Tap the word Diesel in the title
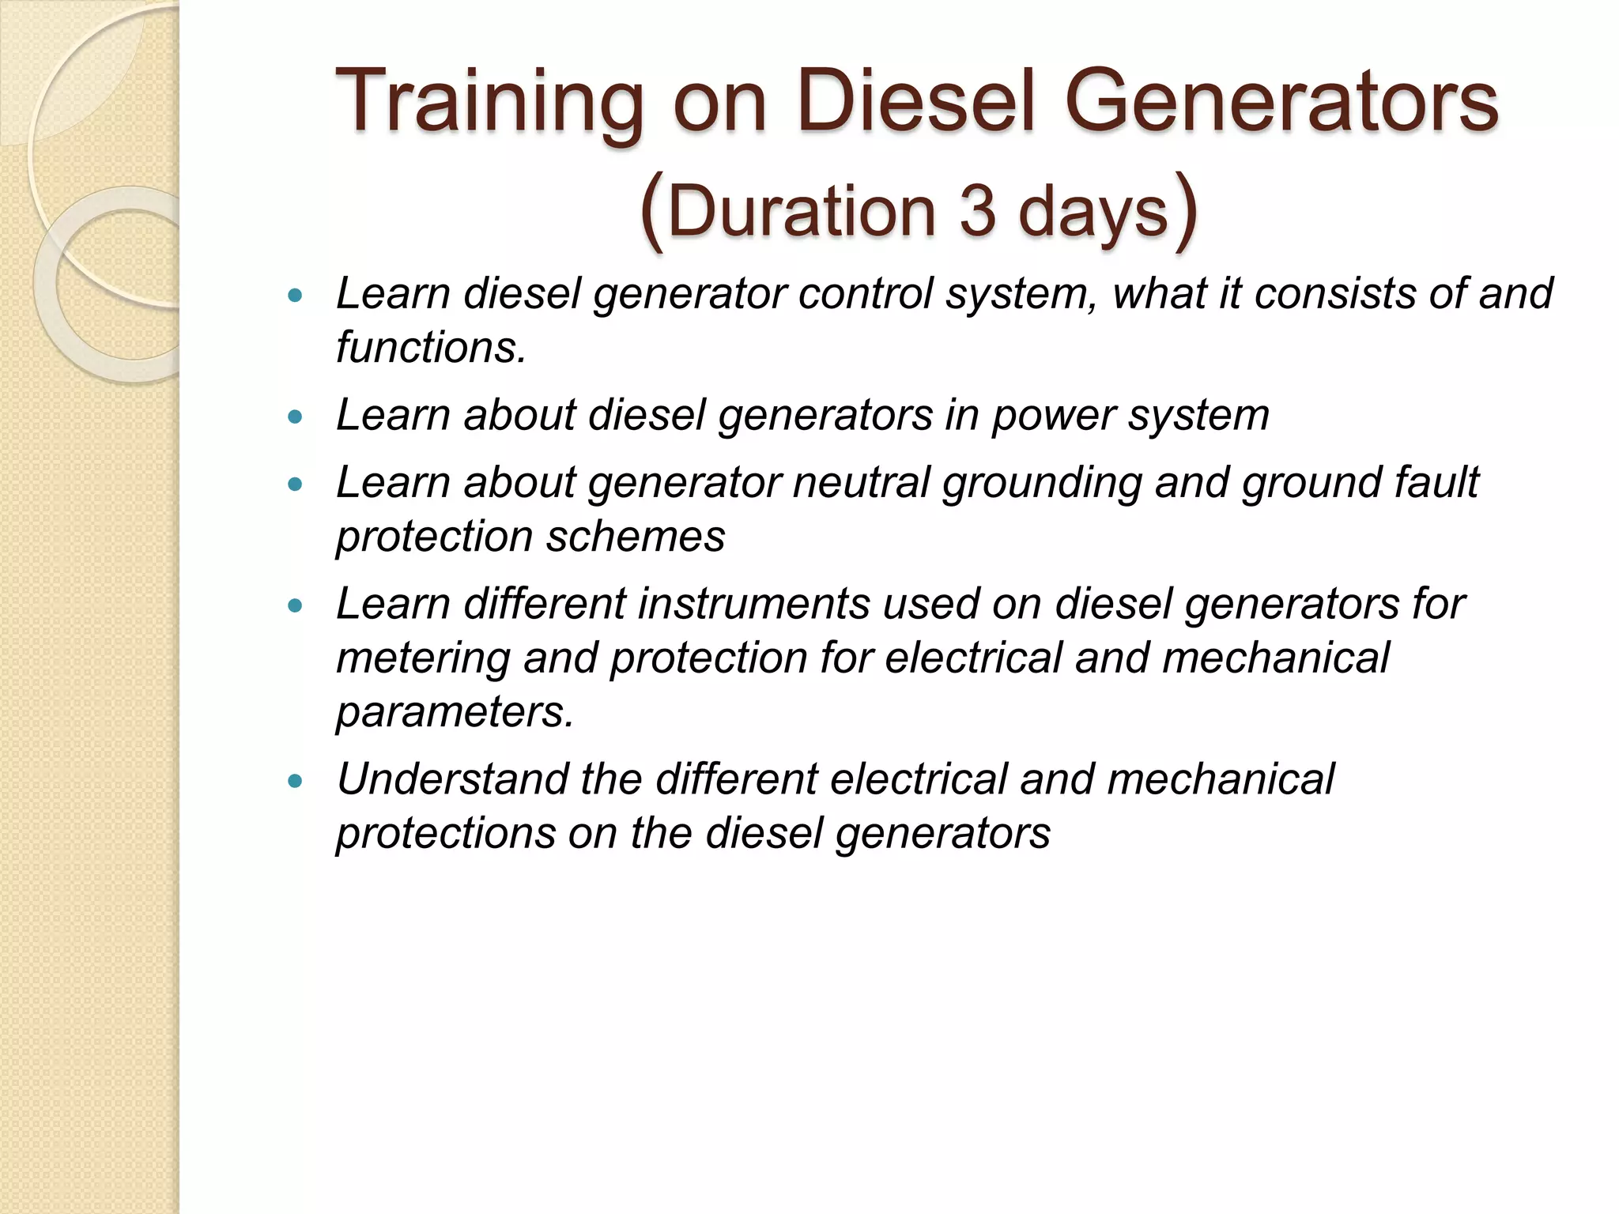coord(916,101)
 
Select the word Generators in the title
coord(1281,101)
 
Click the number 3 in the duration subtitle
coord(977,212)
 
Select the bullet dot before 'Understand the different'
coord(296,782)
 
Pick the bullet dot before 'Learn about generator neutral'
coord(296,485)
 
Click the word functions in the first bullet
coord(431,348)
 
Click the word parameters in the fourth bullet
coord(455,713)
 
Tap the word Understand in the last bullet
coord(452,780)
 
